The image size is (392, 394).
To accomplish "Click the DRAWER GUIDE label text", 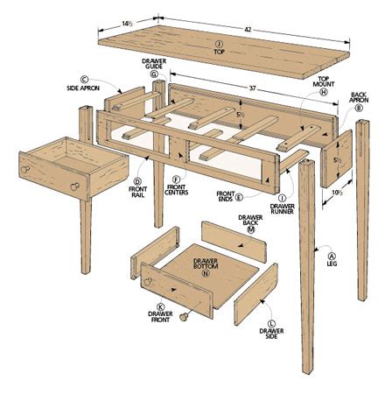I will (154, 64).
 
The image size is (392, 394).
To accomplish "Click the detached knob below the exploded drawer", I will (185, 317).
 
